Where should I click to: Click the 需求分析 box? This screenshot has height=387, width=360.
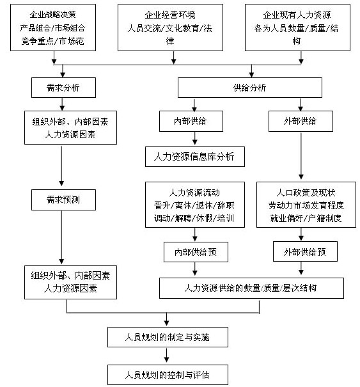tap(63, 88)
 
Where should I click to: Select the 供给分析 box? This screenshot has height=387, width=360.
tap(250, 88)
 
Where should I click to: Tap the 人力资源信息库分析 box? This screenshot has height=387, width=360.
tap(194, 157)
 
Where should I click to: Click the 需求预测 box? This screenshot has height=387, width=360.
tap(63, 200)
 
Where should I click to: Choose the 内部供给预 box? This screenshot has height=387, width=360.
tap(196, 252)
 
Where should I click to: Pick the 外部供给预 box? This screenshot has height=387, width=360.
tap(305, 251)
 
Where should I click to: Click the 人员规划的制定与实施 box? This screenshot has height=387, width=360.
tap(168, 337)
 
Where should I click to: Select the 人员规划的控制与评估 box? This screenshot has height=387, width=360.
tap(168, 375)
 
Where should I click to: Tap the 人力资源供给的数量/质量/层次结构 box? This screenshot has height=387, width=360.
tap(251, 288)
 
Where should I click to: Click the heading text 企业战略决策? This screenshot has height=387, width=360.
tap(53, 15)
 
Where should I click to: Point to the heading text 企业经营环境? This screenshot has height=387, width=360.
tap(170, 15)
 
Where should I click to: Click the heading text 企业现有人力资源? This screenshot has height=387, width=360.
tap(297, 15)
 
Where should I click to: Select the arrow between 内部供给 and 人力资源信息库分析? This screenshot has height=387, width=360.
tap(194, 138)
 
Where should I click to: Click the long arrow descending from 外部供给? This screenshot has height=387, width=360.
tap(301, 156)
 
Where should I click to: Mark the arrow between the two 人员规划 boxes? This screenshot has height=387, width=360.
tap(166, 355)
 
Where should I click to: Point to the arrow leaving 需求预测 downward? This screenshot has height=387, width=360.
tap(61, 237)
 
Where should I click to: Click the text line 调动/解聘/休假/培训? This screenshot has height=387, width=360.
tap(194, 218)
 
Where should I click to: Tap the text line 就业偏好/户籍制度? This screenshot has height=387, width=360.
tap(306, 218)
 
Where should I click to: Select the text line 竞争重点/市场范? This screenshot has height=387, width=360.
tap(53, 41)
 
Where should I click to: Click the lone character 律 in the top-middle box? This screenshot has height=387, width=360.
tap(170, 41)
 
